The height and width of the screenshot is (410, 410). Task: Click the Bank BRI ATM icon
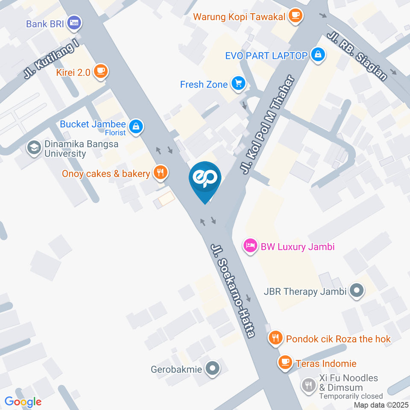(75, 23)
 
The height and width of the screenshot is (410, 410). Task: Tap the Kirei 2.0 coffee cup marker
(100, 71)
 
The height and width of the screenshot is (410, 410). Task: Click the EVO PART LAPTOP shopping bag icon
(318, 55)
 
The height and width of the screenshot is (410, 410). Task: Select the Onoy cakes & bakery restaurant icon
(161, 173)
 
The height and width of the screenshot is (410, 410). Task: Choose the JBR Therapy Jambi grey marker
(356, 291)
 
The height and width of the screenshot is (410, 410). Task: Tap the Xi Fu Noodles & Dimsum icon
(308, 386)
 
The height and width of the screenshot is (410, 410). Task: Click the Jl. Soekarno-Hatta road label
(233, 290)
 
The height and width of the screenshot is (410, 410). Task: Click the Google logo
(23, 401)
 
